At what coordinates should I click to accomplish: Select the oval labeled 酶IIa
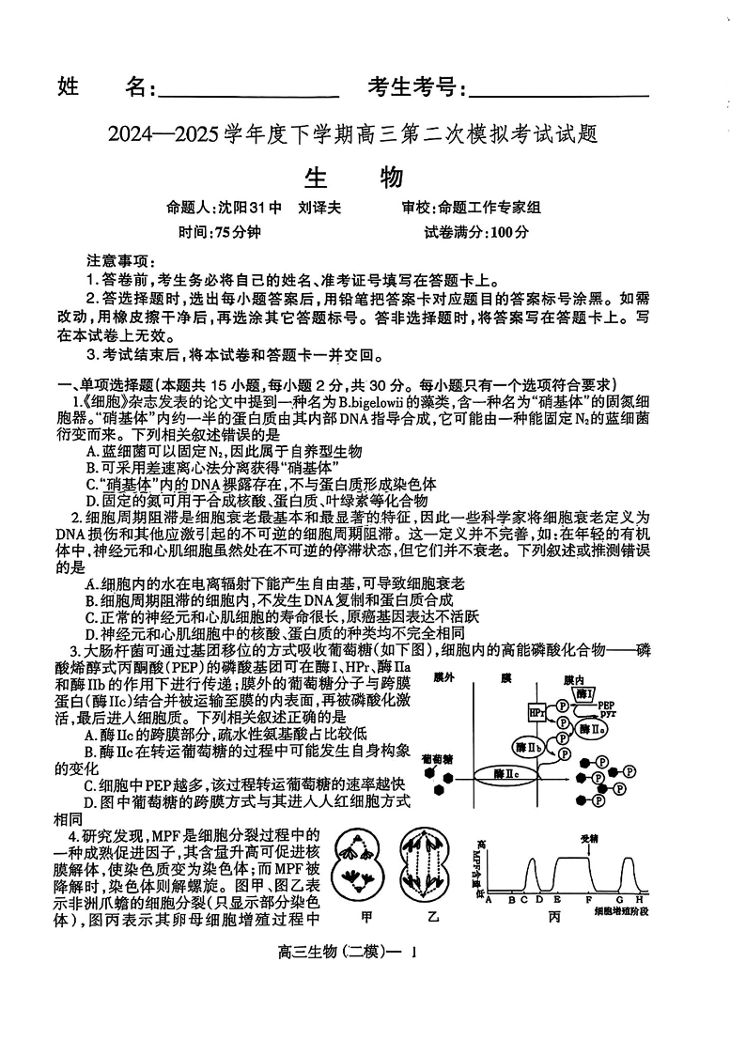(x=591, y=729)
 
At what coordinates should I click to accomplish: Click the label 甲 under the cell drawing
(x=354, y=916)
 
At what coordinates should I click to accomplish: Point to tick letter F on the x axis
(x=589, y=900)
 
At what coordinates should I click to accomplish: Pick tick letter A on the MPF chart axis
(x=489, y=900)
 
